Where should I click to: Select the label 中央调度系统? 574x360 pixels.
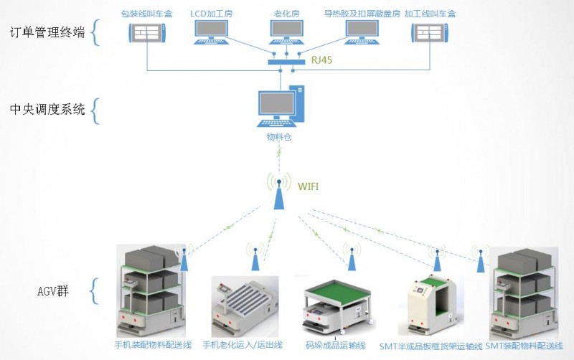tap(47, 110)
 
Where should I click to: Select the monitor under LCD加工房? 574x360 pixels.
tap(212, 31)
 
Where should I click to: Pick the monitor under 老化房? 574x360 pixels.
tap(285, 31)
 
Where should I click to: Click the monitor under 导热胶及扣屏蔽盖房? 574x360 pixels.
tap(362, 31)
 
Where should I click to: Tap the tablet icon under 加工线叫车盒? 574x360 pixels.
tap(431, 33)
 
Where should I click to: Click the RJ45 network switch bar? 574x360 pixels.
tap(286, 62)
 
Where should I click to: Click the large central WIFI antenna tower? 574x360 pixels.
tap(277, 191)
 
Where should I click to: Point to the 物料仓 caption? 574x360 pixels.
tap(278, 136)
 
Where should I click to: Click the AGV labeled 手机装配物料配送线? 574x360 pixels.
tap(151, 290)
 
